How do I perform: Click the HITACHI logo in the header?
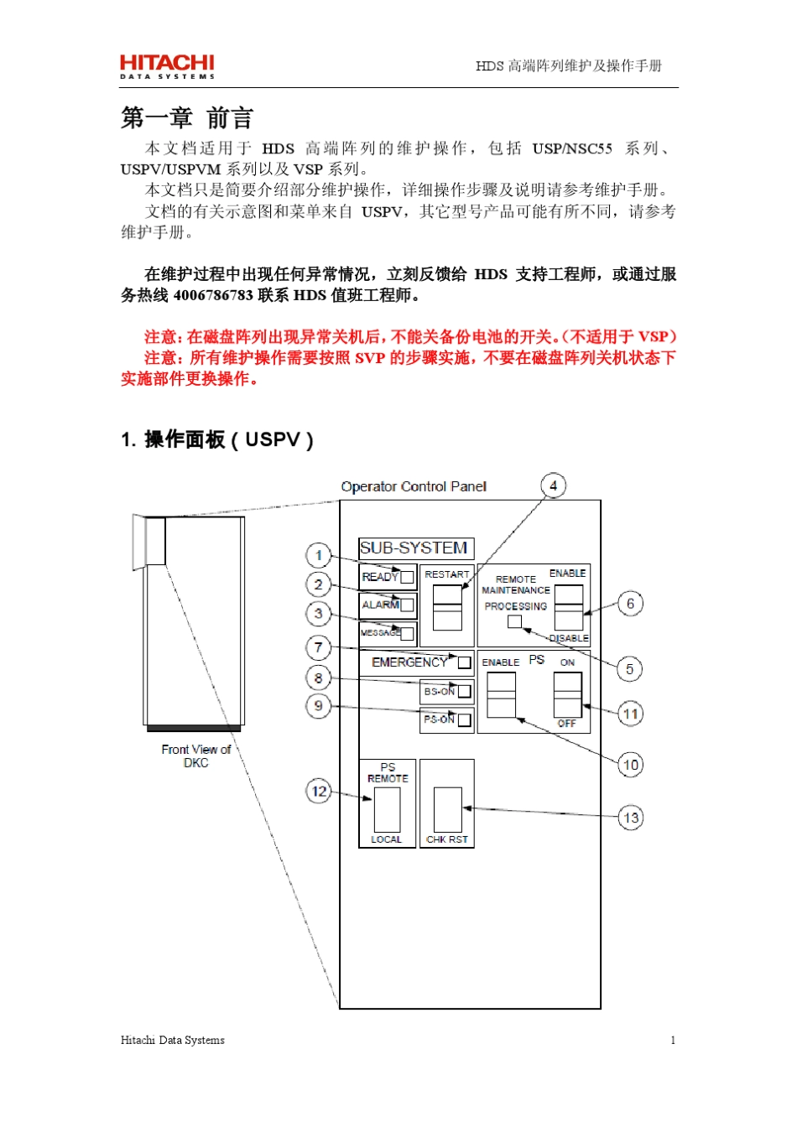pyautogui.click(x=167, y=66)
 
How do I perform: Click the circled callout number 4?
pyautogui.click(x=553, y=486)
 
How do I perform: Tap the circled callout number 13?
pyautogui.click(x=631, y=818)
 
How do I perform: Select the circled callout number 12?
pyautogui.click(x=319, y=791)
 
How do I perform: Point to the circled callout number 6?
pyautogui.click(x=631, y=604)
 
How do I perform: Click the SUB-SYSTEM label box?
pyautogui.click(x=416, y=548)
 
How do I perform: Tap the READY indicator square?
pyautogui.click(x=407, y=577)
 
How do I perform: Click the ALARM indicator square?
pyautogui.click(x=407, y=605)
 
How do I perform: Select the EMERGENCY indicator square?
pyautogui.click(x=464, y=662)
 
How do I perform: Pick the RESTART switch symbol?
pyautogui.click(x=447, y=607)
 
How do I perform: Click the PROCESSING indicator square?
pyautogui.click(x=514, y=621)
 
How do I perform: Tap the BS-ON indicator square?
pyautogui.click(x=464, y=692)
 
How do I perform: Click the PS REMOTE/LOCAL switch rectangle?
pyautogui.click(x=387, y=809)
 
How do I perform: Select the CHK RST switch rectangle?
pyautogui.click(x=447, y=809)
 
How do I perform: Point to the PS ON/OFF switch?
pyautogui.click(x=567, y=693)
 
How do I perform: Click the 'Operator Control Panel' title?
pyautogui.click(x=414, y=486)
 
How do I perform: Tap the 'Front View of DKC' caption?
pyautogui.click(x=196, y=756)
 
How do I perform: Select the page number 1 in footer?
pyautogui.click(x=673, y=1040)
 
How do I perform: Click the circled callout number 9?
pyautogui.click(x=319, y=706)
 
